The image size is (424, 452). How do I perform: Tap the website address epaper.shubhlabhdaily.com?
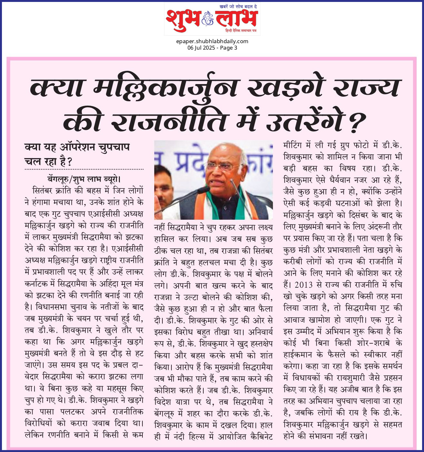(212, 41)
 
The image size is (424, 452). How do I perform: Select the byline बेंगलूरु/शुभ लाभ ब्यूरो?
(84, 179)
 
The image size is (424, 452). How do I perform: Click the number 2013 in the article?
(304, 285)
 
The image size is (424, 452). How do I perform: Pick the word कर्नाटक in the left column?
(37, 284)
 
